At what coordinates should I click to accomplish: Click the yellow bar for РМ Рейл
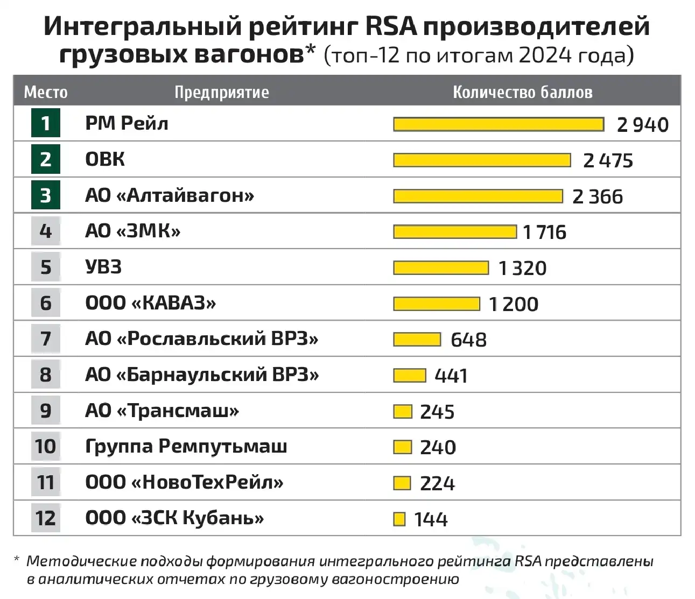tap(499, 124)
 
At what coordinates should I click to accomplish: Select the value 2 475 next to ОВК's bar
tap(608, 160)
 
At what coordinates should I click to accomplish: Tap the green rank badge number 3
tap(46, 195)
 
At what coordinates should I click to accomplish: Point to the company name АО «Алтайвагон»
tap(169, 195)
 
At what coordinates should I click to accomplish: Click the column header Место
tap(46, 92)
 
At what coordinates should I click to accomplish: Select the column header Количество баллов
tap(522, 92)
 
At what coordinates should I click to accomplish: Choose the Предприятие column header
tap(221, 92)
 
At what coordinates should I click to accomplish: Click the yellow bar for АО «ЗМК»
tap(455, 232)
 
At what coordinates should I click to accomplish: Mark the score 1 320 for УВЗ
tap(522, 268)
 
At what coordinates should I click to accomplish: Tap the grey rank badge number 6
tap(46, 303)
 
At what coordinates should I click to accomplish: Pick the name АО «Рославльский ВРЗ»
tap(201, 339)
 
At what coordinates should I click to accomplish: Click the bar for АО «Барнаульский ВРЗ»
tap(410, 375)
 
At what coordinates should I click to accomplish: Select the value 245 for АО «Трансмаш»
tap(437, 412)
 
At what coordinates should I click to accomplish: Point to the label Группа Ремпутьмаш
tap(186, 447)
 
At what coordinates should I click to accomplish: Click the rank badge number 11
tap(46, 482)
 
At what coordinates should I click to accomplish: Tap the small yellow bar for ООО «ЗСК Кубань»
tap(399, 519)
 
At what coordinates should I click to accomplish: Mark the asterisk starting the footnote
tap(17, 561)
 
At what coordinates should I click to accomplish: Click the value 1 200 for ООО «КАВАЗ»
tap(513, 304)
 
